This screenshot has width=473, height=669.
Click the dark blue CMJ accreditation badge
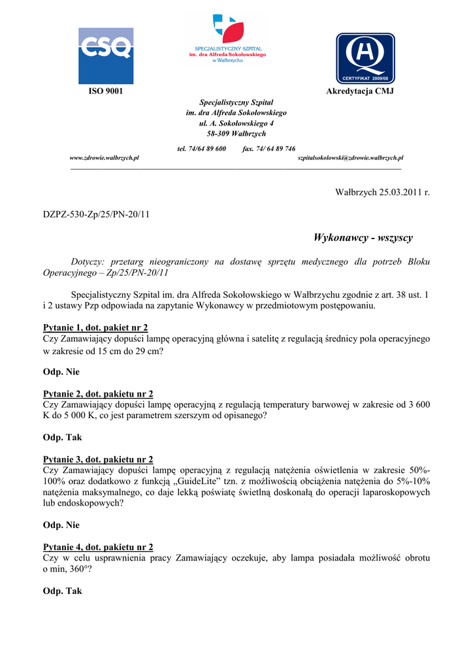(x=365, y=59)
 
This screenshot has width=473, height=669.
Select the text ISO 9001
(x=106, y=91)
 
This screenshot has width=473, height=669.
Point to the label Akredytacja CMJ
(x=360, y=91)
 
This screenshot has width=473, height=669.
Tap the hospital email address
(x=350, y=158)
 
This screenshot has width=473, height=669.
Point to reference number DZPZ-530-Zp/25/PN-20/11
(x=96, y=214)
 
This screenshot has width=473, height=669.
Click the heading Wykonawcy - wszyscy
(x=363, y=237)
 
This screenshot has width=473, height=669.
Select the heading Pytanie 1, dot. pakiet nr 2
(x=95, y=327)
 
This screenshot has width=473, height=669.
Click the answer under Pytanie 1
(x=61, y=372)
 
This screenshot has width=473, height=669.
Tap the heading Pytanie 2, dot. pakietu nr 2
(x=98, y=393)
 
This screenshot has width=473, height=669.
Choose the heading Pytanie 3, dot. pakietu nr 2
(x=98, y=459)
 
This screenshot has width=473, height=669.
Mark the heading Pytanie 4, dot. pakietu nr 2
(x=98, y=547)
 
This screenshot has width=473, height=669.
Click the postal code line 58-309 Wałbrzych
(x=236, y=133)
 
